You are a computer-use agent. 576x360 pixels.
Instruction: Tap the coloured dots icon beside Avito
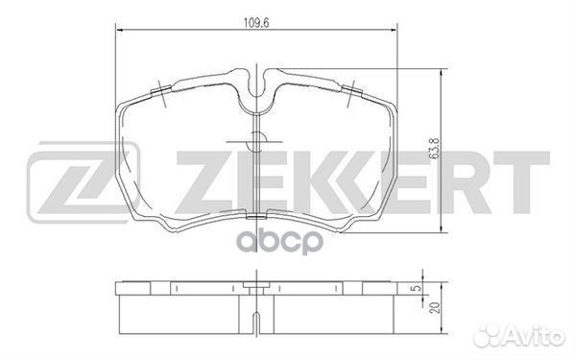pyautogui.click(x=491, y=337)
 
